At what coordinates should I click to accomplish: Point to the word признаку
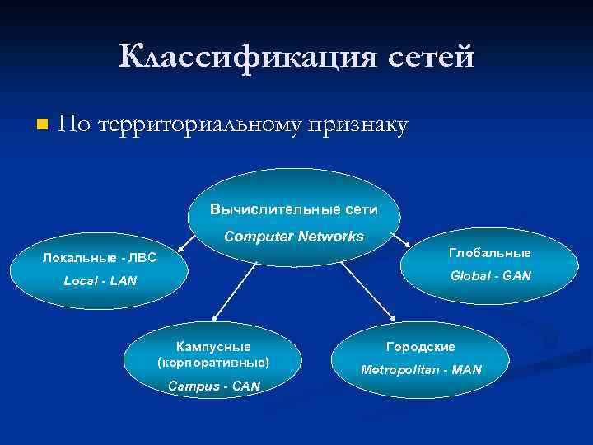358,126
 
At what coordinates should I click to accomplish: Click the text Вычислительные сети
294,209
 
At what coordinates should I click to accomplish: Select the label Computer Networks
294,237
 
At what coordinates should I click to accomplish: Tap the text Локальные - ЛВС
100,259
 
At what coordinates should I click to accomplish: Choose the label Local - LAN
100,282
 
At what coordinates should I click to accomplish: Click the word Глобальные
490,252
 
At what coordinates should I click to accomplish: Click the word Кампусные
213,347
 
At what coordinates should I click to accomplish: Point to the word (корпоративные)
213,363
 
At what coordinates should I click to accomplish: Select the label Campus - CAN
213,386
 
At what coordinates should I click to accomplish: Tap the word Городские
421,347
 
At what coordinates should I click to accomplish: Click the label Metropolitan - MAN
421,370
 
